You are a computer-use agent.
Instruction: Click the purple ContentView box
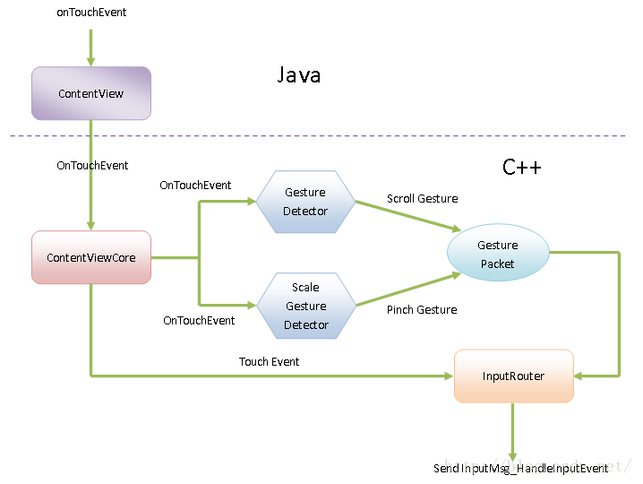tap(90, 93)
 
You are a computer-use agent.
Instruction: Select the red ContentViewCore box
tap(90, 258)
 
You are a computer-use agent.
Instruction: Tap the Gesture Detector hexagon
tap(305, 202)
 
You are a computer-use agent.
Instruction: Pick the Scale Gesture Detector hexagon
tap(306, 306)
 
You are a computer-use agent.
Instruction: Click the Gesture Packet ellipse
tap(497, 255)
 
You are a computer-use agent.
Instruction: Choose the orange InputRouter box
tap(513, 376)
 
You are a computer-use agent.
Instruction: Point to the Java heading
tap(298, 75)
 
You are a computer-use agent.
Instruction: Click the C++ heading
tap(521, 168)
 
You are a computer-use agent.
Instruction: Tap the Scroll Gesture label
tap(422, 199)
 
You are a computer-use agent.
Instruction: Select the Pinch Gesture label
tap(422, 310)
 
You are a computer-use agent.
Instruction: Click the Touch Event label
tap(269, 362)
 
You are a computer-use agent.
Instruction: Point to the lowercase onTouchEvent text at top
tap(90, 13)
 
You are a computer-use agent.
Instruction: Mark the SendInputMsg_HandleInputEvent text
tap(520, 469)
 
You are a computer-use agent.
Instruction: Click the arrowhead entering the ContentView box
tap(90, 61)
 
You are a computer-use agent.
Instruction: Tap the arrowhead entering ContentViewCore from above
tap(90, 225)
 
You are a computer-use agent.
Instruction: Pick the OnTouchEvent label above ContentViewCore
tap(92, 166)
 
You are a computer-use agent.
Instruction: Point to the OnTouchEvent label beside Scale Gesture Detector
tap(199, 321)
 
